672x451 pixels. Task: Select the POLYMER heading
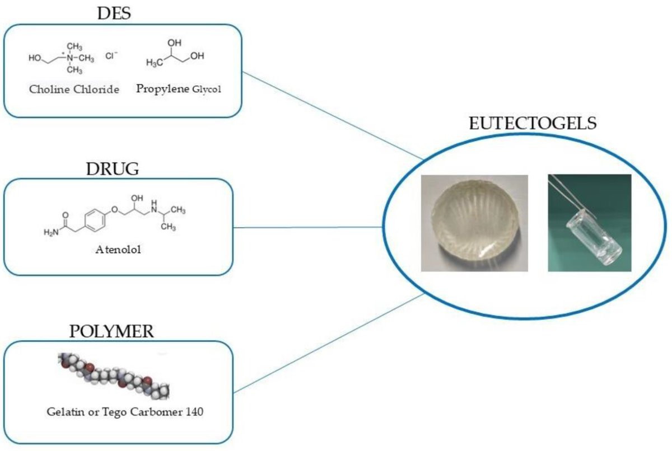pos(112,331)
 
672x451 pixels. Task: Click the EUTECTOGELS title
pos(532,123)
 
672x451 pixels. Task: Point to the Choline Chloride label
pos(74,90)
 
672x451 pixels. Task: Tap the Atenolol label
pos(118,250)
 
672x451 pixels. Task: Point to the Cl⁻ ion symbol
pos(111,56)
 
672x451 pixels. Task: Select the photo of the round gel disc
pos(474,223)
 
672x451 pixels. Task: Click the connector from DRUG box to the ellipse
pos(308,227)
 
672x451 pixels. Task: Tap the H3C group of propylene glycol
pos(153,63)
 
